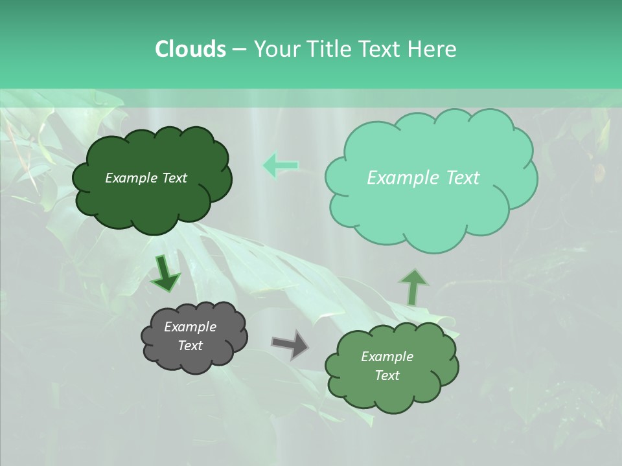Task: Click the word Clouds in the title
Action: pyautogui.click(x=190, y=49)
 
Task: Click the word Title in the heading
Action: pyautogui.click(x=329, y=49)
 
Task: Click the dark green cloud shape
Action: pyautogui.click(x=152, y=201)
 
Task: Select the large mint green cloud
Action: pyautogui.click(x=431, y=207)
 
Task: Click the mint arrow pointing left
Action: pyautogui.click(x=281, y=166)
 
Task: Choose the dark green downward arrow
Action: pyautogui.click(x=166, y=273)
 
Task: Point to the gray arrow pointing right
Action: pyautogui.click(x=291, y=344)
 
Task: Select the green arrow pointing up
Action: pyautogui.click(x=413, y=287)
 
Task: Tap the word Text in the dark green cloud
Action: pyautogui.click(x=174, y=178)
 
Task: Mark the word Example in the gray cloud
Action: pyautogui.click(x=190, y=327)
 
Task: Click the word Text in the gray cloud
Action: pyautogui.click(x=190, y=346)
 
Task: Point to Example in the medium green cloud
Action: pyautogui.click(x=387, y=357)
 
